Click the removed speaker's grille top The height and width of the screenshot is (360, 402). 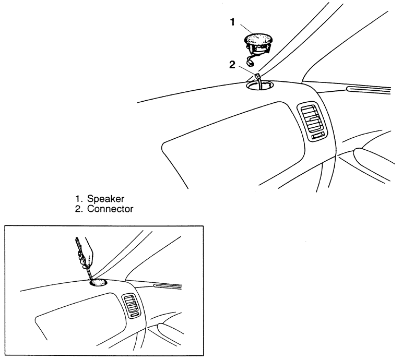tap(258, 40)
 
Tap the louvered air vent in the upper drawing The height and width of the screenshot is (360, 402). tap(312, 119)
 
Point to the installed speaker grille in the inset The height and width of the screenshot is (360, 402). tap(98, 283)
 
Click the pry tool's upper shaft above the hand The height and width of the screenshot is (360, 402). tap(79, 243)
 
